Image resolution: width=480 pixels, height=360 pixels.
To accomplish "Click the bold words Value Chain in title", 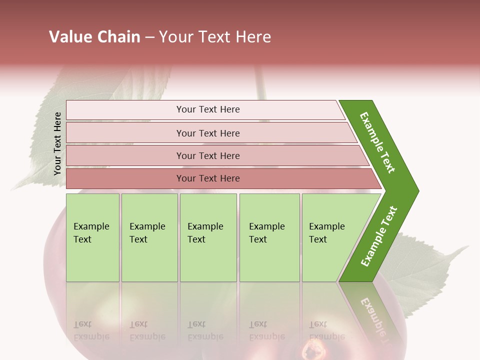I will pos(94,37).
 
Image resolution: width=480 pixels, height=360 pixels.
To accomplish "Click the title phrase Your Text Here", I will pos(215,37).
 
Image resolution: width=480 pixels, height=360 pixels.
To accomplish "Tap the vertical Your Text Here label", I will pos(57,143).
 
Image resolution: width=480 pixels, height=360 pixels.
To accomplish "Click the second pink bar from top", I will pos(207,133).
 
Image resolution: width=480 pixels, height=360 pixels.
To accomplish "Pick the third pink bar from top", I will pos(207,155).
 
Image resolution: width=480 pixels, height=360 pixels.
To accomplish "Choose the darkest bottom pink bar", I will pos(207,178).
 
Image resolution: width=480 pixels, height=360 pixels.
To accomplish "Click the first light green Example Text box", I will pos(92,237).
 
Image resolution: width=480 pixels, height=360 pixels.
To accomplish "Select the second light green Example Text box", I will pos(149,237).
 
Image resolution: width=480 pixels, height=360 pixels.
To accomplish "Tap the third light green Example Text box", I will pos(208,237).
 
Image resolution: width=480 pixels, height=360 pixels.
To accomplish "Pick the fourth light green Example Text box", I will pos(269,237).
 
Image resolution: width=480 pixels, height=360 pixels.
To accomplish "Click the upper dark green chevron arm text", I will pos(377,142).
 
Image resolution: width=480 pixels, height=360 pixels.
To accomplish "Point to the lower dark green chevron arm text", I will pos(378,236).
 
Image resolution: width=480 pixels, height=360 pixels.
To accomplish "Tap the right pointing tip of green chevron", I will pos(412,190).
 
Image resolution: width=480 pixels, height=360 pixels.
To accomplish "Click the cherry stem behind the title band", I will pos(259,80).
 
